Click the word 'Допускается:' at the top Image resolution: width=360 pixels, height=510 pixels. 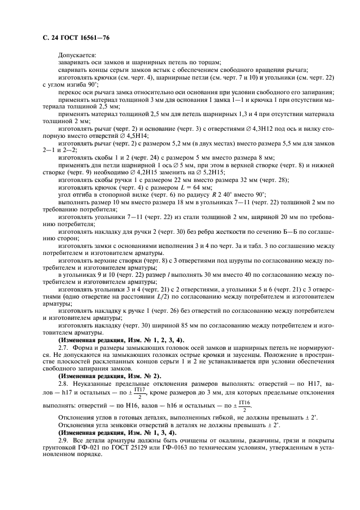tap(77, 54)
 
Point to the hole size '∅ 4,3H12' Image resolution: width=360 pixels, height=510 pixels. tap(257, 128)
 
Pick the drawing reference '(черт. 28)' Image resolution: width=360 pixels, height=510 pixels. tap(276, 179)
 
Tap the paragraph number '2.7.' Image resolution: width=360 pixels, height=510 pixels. tap(64, 347)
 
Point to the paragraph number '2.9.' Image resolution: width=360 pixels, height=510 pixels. tap(64, 440)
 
